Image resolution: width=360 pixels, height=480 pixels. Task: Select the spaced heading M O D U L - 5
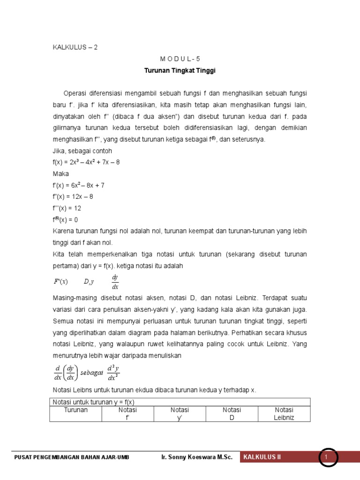[180, 60]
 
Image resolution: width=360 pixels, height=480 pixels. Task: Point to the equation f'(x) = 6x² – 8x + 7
[78, 185]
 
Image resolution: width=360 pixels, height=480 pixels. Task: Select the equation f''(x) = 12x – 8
[73, 196]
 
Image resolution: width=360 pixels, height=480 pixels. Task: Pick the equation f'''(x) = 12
[67, 208]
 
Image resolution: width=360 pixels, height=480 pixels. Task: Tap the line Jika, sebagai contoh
[82, 151]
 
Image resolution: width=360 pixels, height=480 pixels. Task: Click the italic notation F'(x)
[60, 282]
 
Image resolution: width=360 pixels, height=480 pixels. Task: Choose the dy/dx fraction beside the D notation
[115, 282]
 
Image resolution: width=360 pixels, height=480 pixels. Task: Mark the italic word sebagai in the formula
[92, 373]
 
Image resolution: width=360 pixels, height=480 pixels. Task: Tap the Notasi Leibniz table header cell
[284, 413]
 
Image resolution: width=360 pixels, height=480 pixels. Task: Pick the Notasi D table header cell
[232, 413]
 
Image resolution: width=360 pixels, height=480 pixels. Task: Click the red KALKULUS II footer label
[261, 457]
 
